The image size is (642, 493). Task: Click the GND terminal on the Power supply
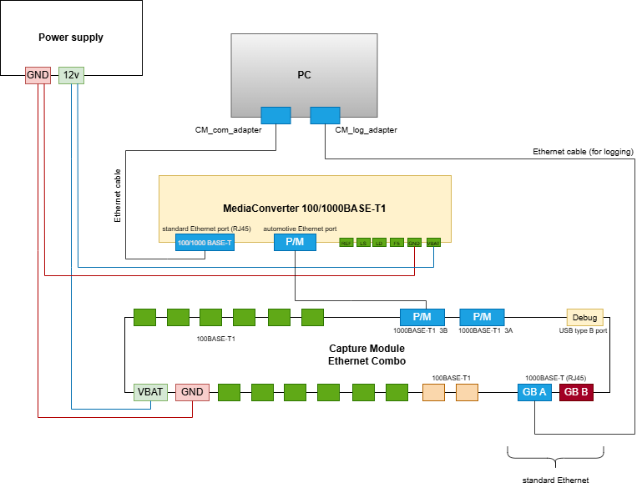click(38, 75)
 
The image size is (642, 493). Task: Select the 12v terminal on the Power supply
click(71, 75)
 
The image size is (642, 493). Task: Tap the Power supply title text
click(71, 38)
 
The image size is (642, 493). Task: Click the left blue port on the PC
click(276, 115)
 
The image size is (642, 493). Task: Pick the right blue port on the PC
click(325, 115)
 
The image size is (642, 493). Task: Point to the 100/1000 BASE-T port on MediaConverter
click(205, 243)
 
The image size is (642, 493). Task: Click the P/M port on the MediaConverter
click(296, 242)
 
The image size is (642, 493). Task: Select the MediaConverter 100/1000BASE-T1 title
click(305, 208)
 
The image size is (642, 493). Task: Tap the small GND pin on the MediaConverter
click(415, 243)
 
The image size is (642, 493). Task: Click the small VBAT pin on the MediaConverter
click(433, 243)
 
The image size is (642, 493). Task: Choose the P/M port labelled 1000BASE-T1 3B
click(422, 317)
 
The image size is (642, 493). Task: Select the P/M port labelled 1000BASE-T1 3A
click(482, 317)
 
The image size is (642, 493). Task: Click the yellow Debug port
click(584, 317)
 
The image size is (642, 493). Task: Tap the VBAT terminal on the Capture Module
click(150, 392)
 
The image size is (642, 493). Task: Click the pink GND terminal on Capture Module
click(192, 392)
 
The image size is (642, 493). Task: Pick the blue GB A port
click(534, 392)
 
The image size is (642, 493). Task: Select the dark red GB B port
click(576, 392)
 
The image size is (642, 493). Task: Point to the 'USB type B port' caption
click(583, 331)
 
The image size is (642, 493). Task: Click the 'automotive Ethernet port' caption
click(300, 229)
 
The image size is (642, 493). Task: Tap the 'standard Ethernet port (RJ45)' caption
click(206, 229)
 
